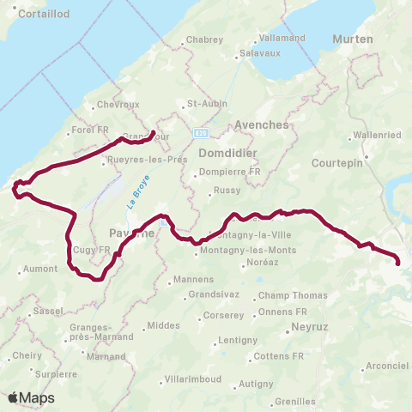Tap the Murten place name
pyautogui.click(x=353, y=39)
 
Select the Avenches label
pyautogui.click(x=261, y=124)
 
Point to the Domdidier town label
pyautogui.click(x=223, y=153)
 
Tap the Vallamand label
pyautogui.click(x=283, y=39)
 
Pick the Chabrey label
pyautogui.click(x=204, y=39)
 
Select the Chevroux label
pyautogui.click(x=118, y=105)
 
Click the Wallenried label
pyautogui.click(x=377, y=136)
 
